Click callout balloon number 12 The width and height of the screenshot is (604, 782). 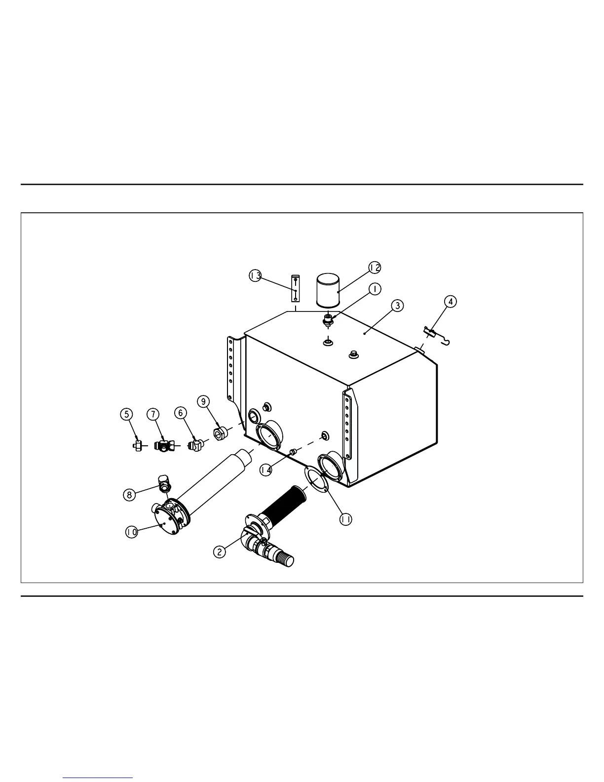point(375,267)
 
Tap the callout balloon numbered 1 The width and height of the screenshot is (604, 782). point(375,289)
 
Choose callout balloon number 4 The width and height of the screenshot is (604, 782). point(450,301)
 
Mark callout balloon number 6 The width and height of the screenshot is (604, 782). point(181,413)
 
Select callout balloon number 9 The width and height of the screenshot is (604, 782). point(203,401)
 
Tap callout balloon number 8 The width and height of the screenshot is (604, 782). point(129,495)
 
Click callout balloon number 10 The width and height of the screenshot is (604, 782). point(131,532)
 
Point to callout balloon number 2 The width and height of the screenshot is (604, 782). point(219,551)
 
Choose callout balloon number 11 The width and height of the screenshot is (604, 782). point(346,519)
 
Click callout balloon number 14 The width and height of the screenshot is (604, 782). point(266,470)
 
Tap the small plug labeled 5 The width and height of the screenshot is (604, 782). point(138,446)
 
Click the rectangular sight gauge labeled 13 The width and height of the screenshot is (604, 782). point(295,288)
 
